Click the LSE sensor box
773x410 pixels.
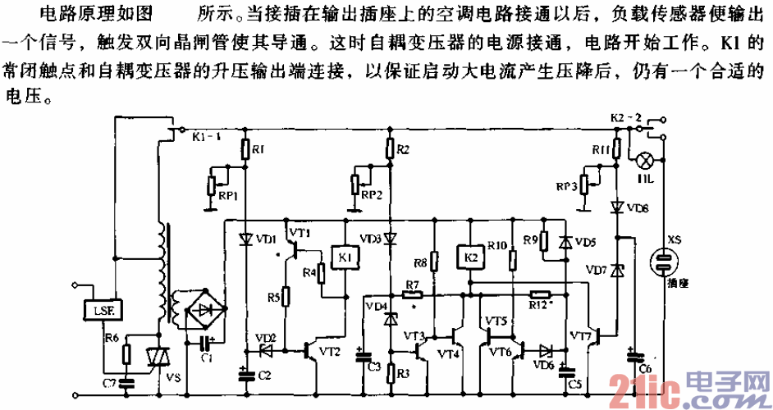(103, 309)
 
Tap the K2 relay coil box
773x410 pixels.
(470, 256)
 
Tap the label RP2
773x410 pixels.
(371, 195)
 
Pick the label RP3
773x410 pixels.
(565, 187)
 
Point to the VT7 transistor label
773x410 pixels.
(581, 337)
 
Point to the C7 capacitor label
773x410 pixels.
(107, 382)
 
